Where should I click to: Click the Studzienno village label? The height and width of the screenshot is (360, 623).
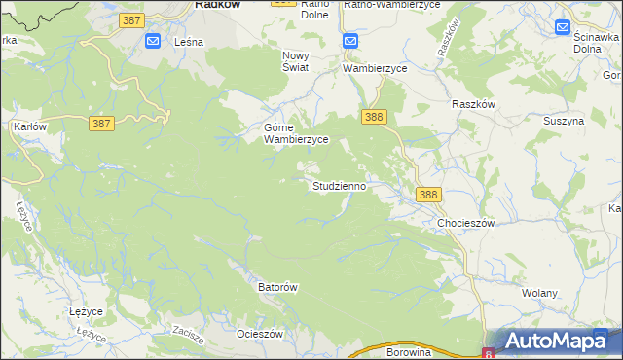[339, 185]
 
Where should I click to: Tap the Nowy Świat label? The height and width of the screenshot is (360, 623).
[295, 61]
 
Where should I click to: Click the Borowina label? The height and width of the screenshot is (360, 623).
[408, 352]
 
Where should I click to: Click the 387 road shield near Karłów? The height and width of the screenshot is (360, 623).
[101, 124]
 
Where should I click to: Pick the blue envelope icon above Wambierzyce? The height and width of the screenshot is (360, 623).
[351, 41]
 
